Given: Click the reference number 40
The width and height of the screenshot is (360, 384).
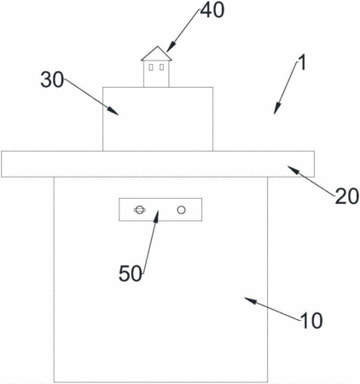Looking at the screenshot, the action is pos(212,11).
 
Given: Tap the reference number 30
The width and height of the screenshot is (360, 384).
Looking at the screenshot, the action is pos(52,79).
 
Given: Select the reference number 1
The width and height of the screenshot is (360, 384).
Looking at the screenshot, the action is pos(302,62).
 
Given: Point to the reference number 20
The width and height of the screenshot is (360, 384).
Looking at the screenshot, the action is pos(346,196).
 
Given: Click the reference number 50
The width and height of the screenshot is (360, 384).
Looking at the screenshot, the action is pos(131,273).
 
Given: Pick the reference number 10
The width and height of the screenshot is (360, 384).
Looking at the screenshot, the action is pos(311,321).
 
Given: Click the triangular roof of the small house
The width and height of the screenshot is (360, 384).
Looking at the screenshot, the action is pos(156,54).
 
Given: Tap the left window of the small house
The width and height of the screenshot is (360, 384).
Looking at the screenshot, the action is pos(151,67).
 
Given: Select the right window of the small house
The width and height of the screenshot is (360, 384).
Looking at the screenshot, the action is pos(161,67).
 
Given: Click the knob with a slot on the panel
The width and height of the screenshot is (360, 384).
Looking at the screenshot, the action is pos(139,210).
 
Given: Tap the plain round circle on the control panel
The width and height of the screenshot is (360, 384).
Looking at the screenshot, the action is pos(182,210).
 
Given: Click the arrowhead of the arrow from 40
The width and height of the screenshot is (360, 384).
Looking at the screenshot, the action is pos(170,48).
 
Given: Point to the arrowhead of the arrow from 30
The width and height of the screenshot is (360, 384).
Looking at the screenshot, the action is pos(113,111).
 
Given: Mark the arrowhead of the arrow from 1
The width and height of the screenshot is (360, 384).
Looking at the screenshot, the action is pos(276,109).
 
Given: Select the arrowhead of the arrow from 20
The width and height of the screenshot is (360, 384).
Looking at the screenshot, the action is pos(293,170).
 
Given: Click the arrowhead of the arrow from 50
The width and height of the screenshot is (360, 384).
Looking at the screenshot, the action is pos(156,216).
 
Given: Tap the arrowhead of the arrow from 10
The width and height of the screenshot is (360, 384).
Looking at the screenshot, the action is pos(250,300).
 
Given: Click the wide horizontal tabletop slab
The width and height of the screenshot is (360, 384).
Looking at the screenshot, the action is pos(158,164).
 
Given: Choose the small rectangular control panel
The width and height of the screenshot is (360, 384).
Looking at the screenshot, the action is pos(160,210).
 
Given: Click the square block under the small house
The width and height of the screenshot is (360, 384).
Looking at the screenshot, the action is pos(158,119).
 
